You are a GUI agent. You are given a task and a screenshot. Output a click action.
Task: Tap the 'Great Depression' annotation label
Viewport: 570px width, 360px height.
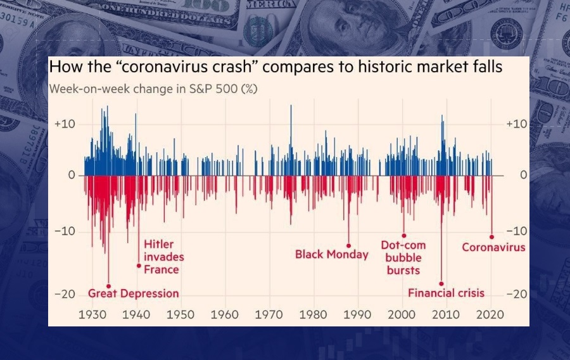[x=133, y=293]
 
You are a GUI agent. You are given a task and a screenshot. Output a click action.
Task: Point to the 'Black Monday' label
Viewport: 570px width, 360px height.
[x=331, y=254]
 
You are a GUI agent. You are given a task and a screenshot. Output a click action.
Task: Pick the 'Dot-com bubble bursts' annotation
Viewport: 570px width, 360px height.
[x=403, y=257]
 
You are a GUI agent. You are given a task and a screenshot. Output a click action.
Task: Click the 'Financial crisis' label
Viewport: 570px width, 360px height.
[x=446, y=293]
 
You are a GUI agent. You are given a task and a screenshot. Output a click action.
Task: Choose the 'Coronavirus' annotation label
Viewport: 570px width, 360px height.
[x=493, y=247]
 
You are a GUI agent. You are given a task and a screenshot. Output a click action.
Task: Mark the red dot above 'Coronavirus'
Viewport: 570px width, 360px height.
[x=492, y=237]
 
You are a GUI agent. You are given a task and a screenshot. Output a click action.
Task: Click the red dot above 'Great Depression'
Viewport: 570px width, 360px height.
[x=108, y=286]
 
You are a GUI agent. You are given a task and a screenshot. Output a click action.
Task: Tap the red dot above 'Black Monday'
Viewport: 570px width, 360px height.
[x=348, y=245]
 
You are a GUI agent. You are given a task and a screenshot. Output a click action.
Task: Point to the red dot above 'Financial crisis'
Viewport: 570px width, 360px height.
[x=441, y=284]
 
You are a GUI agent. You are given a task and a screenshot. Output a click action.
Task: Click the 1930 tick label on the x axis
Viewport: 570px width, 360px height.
[x=93, y=314]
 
